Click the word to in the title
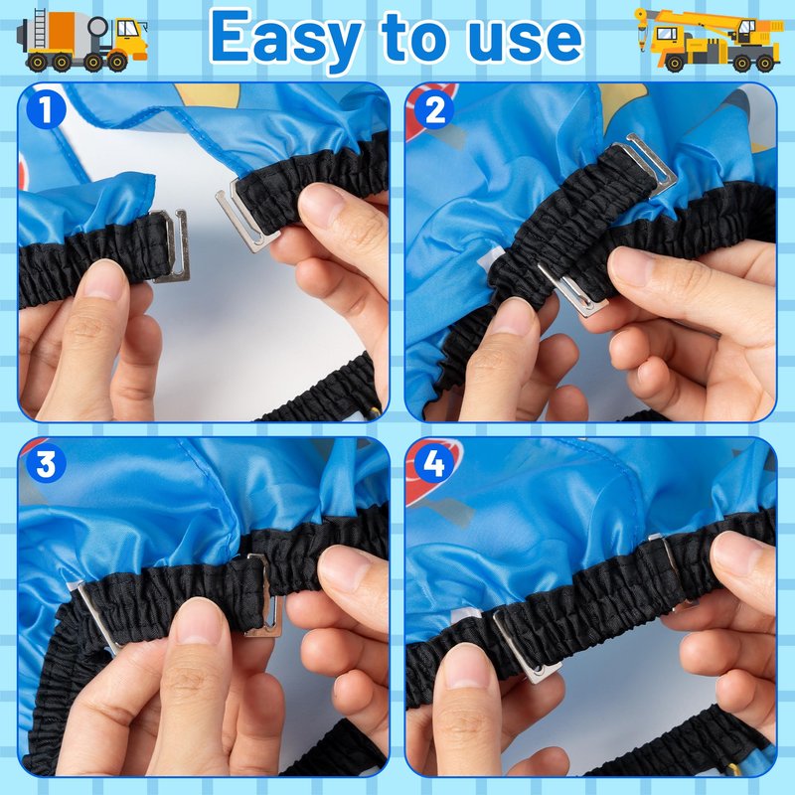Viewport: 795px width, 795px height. click(x=413, y=36)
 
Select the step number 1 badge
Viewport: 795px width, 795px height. click(x=46, y=109)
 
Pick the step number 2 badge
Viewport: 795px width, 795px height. click(x=434, y=109)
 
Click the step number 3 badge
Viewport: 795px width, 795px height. click(x=46, y=463)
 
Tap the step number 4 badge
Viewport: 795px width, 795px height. click(x=434, y=463)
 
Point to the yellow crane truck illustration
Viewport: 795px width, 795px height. click(x=709, y=40)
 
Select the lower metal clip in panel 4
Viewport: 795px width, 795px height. click(x=527, y=647)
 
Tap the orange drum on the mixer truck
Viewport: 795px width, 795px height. click(x=63, y=31)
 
